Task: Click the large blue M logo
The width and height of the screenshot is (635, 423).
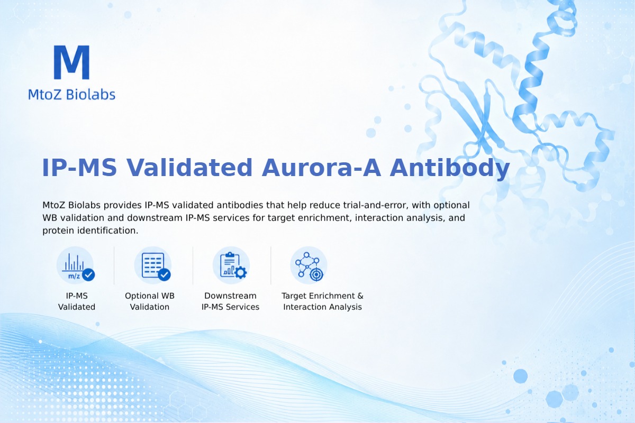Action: [72, 62]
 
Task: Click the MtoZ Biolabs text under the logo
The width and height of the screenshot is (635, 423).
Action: [72, 94]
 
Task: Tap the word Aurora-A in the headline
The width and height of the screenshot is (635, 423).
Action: [321, 168]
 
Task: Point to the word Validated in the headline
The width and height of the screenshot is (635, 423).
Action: [189, 168]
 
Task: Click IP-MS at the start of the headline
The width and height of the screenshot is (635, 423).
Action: [79, 168]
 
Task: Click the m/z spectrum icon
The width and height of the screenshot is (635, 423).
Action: [75, 265]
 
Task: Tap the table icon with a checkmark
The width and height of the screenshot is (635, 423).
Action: [153, 265]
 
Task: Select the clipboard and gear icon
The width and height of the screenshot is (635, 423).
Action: [231, 265]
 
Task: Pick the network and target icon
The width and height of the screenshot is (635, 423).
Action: [309, 265]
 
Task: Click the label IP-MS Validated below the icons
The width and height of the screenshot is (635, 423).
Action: [77, 301]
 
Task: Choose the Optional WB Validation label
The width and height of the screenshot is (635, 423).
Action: [150, 301]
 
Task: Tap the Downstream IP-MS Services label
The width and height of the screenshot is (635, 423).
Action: [231, 301]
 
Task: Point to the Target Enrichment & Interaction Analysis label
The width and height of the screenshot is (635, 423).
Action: [323, 301]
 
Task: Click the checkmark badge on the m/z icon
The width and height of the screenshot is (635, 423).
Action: [88, 274]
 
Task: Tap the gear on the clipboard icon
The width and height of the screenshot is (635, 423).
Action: [241, 272]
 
